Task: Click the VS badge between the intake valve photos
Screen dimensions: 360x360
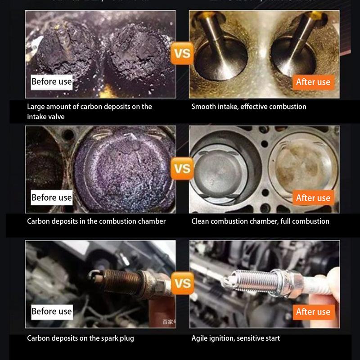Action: click(x=182, y=55)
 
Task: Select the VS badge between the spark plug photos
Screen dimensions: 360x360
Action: click(x=182, y=284)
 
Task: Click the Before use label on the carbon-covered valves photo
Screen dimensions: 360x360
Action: click(x=51, y=82)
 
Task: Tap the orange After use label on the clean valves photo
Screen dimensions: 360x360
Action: click(x=313, y=82)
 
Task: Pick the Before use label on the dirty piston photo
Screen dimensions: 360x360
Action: click(x=51, y=198)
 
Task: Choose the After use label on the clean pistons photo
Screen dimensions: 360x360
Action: click(x=313, y=198)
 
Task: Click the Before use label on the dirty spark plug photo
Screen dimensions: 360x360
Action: click(x=51, y=311)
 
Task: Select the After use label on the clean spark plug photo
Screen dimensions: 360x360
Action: click(x=313, y=312)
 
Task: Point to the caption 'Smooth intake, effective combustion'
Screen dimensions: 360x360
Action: click(x=248, y=107)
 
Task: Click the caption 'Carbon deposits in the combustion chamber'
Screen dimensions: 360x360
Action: click(x=96, y=221)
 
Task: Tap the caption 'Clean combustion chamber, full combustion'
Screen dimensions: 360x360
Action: click(x=260, y=221)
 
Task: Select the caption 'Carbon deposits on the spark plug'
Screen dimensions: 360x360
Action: click(x=80, y=338)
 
